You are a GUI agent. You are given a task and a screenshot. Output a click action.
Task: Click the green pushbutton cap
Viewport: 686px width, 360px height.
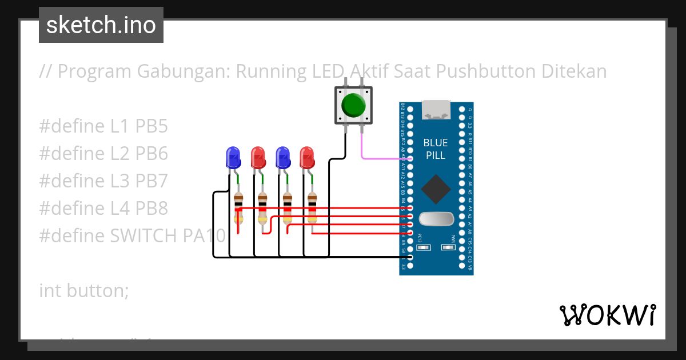click(x=353, y=105)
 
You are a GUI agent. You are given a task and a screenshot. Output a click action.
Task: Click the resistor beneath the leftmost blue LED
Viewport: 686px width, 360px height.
click(x=239, y=209)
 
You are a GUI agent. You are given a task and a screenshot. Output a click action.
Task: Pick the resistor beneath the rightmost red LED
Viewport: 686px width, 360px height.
click(x=312, y=209)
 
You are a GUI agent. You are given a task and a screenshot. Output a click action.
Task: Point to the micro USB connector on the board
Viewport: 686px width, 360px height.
click(x=436, y=110)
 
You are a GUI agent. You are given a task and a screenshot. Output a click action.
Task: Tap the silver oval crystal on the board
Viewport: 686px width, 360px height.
click(x=436, y=219)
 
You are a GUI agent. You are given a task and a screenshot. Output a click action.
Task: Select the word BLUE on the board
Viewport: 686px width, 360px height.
click(x=436, y=143)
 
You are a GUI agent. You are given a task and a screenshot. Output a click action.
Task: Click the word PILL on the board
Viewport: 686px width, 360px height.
click(x=436, y=155)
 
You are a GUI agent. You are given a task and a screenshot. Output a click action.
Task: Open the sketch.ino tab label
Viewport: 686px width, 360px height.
click(x=101, y=25)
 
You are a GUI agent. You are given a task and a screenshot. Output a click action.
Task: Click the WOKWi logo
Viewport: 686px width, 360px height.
click(x=607, y=315)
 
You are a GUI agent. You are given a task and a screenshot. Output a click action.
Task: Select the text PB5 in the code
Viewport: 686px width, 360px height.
click(x=151, y=126)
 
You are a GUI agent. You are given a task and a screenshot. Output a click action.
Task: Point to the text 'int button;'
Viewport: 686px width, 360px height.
click(x=84, y=290)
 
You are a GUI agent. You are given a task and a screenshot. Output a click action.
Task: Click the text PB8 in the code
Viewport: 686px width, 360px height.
click(x=151, y=209)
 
